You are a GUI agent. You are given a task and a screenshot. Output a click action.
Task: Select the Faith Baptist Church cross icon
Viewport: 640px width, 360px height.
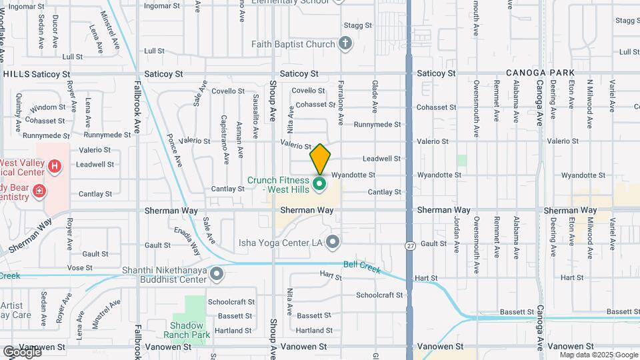point(345,45)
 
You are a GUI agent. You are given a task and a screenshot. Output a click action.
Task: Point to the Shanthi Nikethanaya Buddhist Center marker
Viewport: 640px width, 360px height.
point(216,274)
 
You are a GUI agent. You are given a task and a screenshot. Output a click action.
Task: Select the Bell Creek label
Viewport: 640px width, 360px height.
point(361,265)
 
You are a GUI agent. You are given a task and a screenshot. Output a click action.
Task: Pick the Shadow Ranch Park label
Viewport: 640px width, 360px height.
point(187,329)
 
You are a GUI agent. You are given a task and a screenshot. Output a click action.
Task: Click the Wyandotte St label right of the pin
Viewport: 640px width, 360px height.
point(353,175)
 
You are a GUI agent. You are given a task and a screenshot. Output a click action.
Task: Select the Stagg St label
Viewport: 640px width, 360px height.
point(357,25)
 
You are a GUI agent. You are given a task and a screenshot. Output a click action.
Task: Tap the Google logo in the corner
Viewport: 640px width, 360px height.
point(22,351)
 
